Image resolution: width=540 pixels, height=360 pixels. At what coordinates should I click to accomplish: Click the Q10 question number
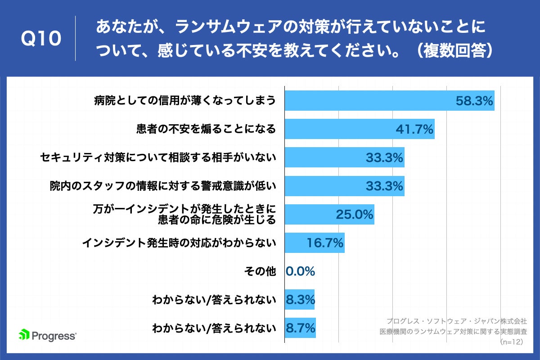pyautogui.click(x=41, y=40)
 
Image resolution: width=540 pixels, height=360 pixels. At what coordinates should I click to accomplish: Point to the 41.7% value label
pyautogui.click(x=414, y=129)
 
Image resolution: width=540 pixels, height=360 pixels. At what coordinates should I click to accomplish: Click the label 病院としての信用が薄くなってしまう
pyautogui.click(x=184, y=101)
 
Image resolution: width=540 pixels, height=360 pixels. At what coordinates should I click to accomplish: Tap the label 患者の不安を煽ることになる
pyautogui.click(x=206, y=129)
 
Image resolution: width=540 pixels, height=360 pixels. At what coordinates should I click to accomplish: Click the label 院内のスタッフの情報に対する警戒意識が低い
pyautogui.click(x=162, y=186)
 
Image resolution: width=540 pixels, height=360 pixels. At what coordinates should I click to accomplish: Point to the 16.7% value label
pyautogui.click(x=325, y=243)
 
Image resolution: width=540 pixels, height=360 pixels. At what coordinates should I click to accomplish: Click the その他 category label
pyautogui.click(x=260, y=271)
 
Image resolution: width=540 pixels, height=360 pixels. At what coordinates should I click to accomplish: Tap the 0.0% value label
pyautogui.click(x=300, y=271)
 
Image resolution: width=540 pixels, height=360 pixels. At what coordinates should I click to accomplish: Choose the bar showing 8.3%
pyautogui.click(x=300, y=300)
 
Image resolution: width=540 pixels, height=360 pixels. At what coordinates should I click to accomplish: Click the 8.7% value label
pyautogui.click(x=301, y=328)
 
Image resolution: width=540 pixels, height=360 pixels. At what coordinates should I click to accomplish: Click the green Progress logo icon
pyautogui.click(x=24, y=335)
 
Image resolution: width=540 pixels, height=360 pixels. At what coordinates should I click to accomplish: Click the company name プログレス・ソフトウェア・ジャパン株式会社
pyautogui.click(x=456, y=321)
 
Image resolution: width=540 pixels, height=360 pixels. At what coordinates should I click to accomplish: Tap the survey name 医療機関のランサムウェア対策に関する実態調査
pyautogui.click(x=453, y=332)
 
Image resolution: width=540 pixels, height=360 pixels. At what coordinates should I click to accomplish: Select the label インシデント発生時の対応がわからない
pyautogui.click(x=179, y=243)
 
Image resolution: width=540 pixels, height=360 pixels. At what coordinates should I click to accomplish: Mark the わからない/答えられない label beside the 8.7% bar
pyautogui.click(x=214, y=328)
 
